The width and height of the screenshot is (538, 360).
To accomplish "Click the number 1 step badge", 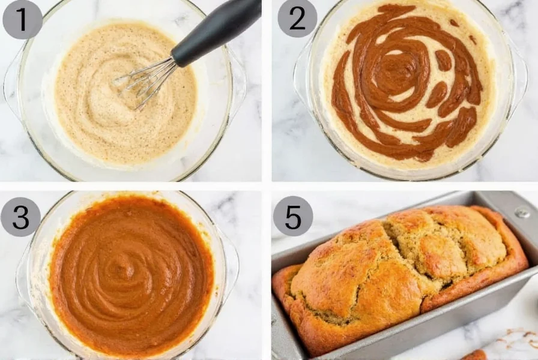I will click(x=22, y=19).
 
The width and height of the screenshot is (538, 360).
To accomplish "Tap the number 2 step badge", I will click(x=297, y=19).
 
